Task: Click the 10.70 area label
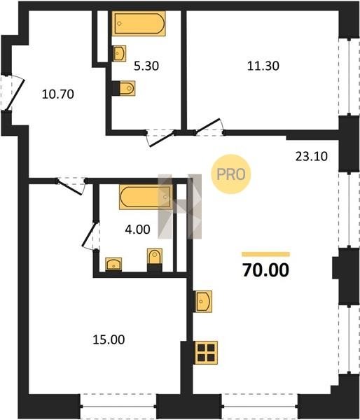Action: tap(58, 94)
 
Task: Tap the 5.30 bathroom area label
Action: tap(146, 66)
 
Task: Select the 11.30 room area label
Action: tap(263, 66)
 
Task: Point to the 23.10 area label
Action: tap(312, 156)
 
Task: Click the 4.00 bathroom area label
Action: tap(137, 230)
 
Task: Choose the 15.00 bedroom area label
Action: tap(109, 339)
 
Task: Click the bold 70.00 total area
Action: tap(265, 270)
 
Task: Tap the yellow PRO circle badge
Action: tap(231, 174)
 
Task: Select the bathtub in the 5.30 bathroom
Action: tap(139, 23)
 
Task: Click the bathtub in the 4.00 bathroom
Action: tap(146, 197)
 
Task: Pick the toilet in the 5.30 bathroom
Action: tap(127, 88)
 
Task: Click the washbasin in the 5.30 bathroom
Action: tap(119, 53)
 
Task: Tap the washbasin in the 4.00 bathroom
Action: tap(113, 264)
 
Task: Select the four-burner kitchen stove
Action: tap(206, 353)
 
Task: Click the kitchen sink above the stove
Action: tap(203, 302)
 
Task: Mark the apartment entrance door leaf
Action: tap(15, 94)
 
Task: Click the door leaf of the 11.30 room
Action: tap(208, 125)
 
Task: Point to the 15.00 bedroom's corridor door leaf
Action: tap(70, 188)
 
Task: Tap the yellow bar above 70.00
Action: tap(265, 254)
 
